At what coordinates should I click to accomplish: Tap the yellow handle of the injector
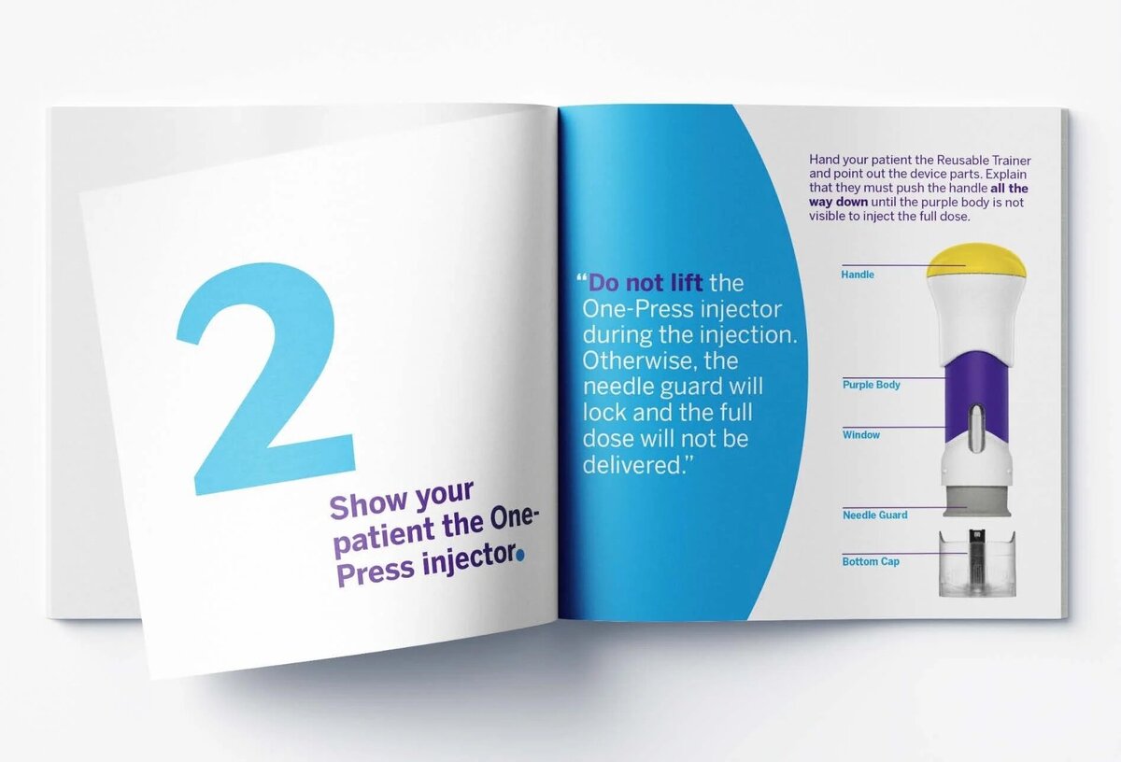click(x=976, y=261)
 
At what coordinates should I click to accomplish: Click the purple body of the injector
click(x=976, y=395)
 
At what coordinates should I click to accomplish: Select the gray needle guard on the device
click(x=977, y=502)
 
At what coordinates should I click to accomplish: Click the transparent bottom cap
click(x=977, y=563)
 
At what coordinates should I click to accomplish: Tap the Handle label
click(x=858, y=275)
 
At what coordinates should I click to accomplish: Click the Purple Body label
click(x=872, y=385)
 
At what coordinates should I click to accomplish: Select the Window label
click(x=860, y=435)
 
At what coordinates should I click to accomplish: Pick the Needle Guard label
click(x=874, y=515)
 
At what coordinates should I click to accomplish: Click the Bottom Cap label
click(x=871, y=561)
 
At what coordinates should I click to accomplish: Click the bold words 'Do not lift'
click(x=646, y=283)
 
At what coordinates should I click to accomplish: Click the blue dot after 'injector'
click(x=521, y=555)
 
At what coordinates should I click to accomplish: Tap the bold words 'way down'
click(x=838, y=202)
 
